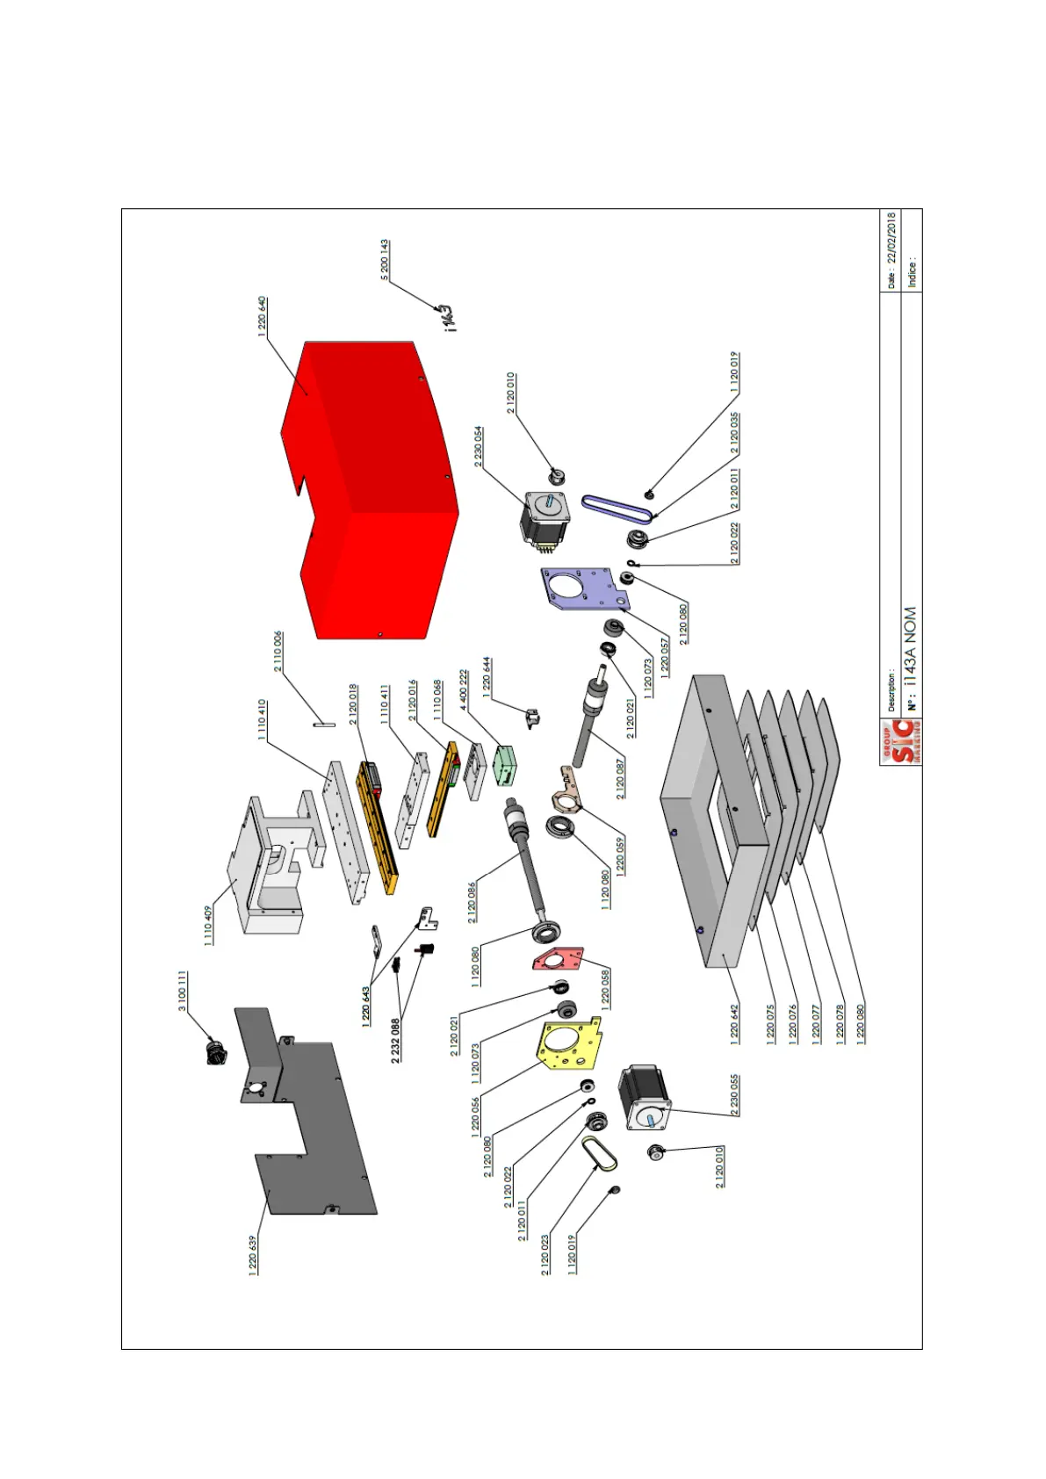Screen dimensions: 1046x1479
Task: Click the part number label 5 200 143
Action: [x=385, y=260]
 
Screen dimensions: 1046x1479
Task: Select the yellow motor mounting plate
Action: [x=567, y=1046]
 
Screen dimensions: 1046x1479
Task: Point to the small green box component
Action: [x=506, y=764]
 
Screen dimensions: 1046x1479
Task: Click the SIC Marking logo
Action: [x=901, y=742]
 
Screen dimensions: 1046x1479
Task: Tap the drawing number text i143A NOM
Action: [x=911, y=646]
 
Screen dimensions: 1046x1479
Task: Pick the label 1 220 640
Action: [x=262, y=316]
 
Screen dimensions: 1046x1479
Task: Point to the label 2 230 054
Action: [x=479, y=447]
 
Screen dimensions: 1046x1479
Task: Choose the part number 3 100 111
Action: [x=183, y=991]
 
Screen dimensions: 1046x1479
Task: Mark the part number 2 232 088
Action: [x=396, y=1041]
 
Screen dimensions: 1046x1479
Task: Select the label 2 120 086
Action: [x=473, y=903]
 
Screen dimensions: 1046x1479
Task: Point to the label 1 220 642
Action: [x=735, y=1023]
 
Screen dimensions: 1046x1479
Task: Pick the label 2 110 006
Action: [x=278, y=652]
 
